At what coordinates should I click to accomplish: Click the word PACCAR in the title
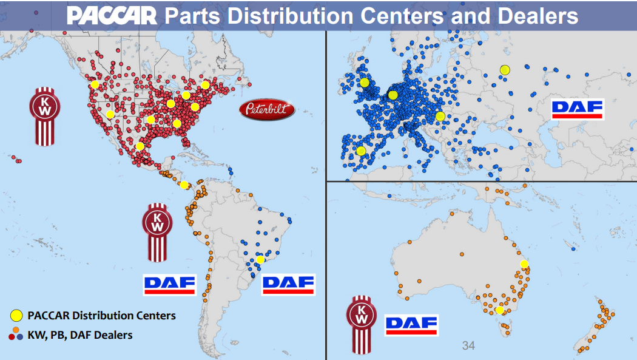(112, 15)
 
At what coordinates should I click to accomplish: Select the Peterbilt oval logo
(267, 110)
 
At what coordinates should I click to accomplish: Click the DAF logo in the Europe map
(577, 109)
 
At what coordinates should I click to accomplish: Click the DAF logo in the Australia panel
(411, 325)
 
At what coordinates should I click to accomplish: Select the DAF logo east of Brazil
(288, 284)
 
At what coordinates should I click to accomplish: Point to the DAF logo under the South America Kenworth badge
(169, 284)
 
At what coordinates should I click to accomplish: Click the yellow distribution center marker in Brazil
(260, 259)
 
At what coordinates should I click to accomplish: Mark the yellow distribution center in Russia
(505, 70)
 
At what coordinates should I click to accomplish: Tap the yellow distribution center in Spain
(361, 151)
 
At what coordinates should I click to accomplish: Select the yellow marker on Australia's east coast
(525, 264)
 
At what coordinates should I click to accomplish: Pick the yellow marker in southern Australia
(499, 310)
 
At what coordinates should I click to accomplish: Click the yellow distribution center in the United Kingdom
(364, 83)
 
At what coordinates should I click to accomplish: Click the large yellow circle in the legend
(16, 315)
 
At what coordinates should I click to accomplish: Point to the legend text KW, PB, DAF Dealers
(80, 334)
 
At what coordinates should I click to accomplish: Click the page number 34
(468, 346)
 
